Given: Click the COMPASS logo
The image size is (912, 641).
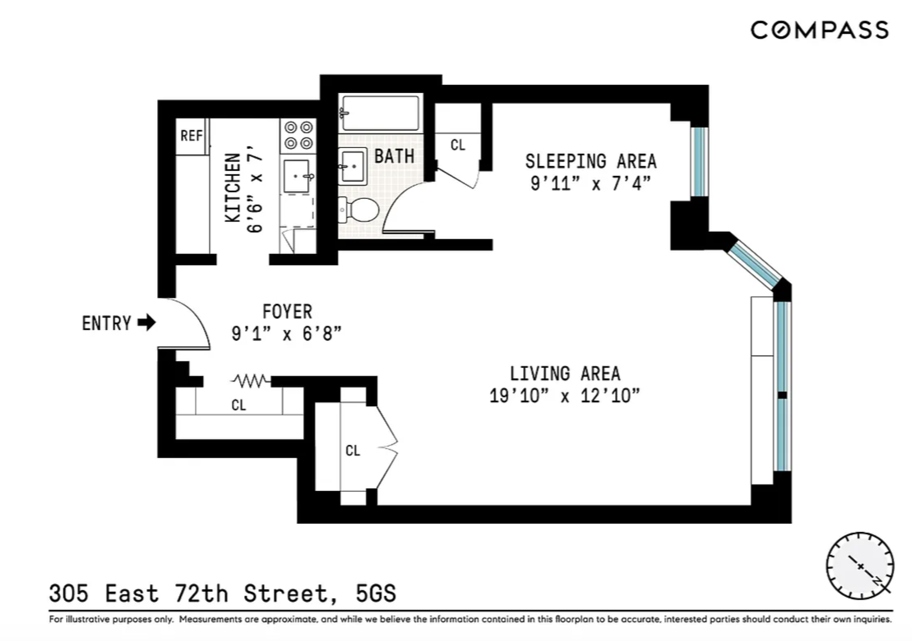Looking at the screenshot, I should click(x=819, y=30).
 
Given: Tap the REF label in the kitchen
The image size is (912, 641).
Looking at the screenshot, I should click(x=191, y=135).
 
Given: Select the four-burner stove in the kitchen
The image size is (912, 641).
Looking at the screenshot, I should click(x=298, y=135).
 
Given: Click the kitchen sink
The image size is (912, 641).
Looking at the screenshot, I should click(x=297, y=176).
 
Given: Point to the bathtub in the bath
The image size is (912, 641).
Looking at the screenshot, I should click(x=381, y=113).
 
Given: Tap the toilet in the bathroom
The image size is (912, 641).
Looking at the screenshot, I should click(x=360, y=210).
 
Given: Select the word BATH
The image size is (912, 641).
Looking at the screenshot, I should click(x=394, y=157).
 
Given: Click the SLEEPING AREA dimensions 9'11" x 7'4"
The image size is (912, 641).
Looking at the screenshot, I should click(x=590, y=184).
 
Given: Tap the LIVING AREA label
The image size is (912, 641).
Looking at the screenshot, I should click(x=565, y=374).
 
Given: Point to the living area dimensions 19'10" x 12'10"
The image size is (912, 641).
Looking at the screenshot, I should click(x=564, y=396).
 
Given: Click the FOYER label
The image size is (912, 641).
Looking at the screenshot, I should click(x=287, y=311).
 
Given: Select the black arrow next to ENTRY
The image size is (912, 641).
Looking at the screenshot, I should click(x=146, y=322).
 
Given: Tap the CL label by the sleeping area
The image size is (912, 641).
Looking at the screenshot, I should click(x=457, y=145).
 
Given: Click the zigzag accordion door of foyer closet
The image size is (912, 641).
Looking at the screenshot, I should click(x=251, y=381).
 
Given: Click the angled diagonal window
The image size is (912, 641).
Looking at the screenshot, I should click(x=754, y=265).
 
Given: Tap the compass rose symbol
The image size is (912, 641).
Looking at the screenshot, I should click(x=859, y=566).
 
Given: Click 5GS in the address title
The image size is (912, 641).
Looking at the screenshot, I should click(x=375, y=593).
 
